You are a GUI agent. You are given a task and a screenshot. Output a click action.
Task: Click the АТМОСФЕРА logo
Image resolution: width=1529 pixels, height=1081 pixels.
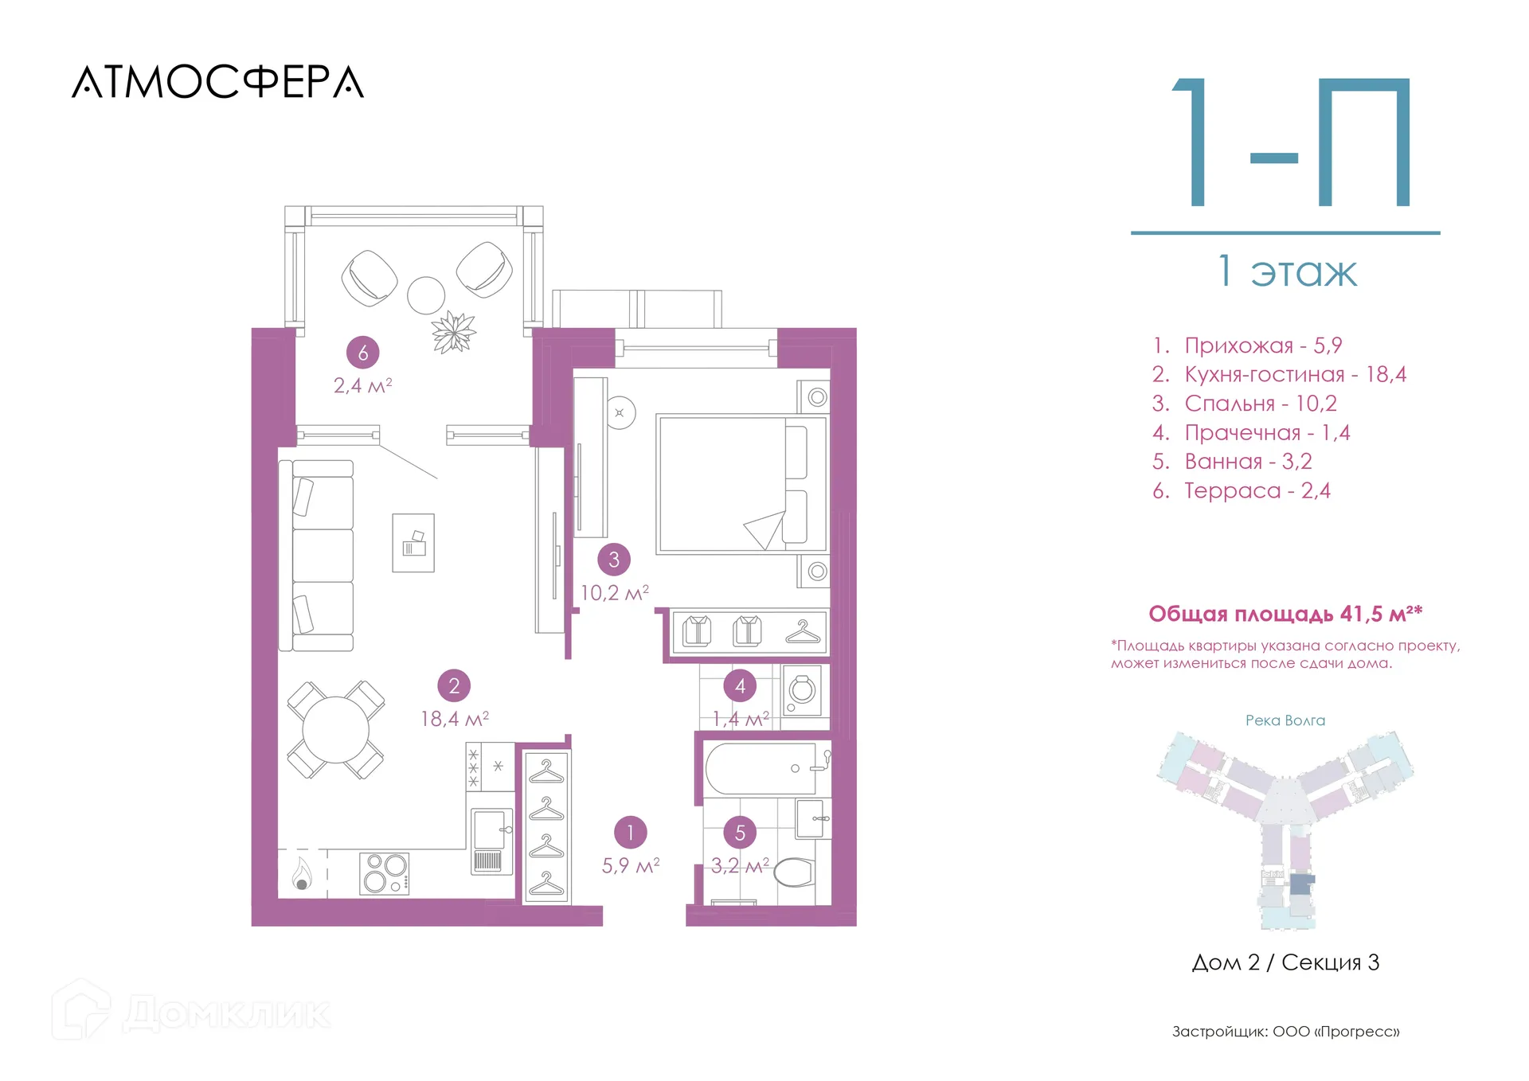pyautogui.click(x=217, y=82)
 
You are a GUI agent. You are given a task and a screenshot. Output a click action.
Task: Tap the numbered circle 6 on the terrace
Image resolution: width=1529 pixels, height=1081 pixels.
pyautogui.click(x=363, y=353)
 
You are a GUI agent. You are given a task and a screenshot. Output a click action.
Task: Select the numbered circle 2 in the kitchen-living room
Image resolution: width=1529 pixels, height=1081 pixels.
pyautogui.click(x=454, y=685)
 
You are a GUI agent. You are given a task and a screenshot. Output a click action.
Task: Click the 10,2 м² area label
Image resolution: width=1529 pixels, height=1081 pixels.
pyautogui.click(x=614, y=593)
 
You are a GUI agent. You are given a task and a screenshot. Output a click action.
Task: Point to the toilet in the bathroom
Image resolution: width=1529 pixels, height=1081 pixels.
pyautogui.click(x=793, y=872)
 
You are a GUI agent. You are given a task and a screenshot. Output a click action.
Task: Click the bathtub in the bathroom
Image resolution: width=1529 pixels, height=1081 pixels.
pyautogui.click(x=761, y=769)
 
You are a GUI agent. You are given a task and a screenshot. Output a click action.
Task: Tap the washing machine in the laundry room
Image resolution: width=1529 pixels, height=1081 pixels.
pyautogui.click(x=802, y=691)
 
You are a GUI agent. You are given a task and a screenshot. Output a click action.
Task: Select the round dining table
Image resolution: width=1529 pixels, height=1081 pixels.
pyautogui.click(x=335, y=729)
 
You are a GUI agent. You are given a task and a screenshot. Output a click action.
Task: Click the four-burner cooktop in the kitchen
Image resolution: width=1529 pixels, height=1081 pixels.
pyautogui.click(x=385, y=872)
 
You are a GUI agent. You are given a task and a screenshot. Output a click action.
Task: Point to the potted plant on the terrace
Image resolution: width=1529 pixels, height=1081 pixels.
pyautogui.click(x=454, y=331)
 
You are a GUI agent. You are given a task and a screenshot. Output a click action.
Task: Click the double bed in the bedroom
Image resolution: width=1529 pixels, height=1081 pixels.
pyautogui.click(x=741, y=484)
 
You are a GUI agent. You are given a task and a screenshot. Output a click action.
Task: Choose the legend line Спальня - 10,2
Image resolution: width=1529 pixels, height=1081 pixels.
pyautogui.click(x=1244, y=404)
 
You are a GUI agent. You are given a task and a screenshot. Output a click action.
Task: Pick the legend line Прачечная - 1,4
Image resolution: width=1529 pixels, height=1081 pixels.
pyautogui.click(x=1251, y=433)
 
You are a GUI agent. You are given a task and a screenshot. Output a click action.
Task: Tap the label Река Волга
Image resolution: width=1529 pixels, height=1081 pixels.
pyautogui.click(x=1285, y=720)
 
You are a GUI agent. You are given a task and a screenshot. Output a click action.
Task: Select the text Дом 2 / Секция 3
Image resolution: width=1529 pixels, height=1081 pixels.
pyautogui.click(x=1285, y=962)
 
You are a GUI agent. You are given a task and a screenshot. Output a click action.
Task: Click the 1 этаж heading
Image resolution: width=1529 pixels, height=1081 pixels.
pyautogui.click(x=1287, y=271)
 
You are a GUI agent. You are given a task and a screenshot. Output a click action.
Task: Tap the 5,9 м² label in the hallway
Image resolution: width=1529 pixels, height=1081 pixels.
pyautogui.click(x=631, y=865)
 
